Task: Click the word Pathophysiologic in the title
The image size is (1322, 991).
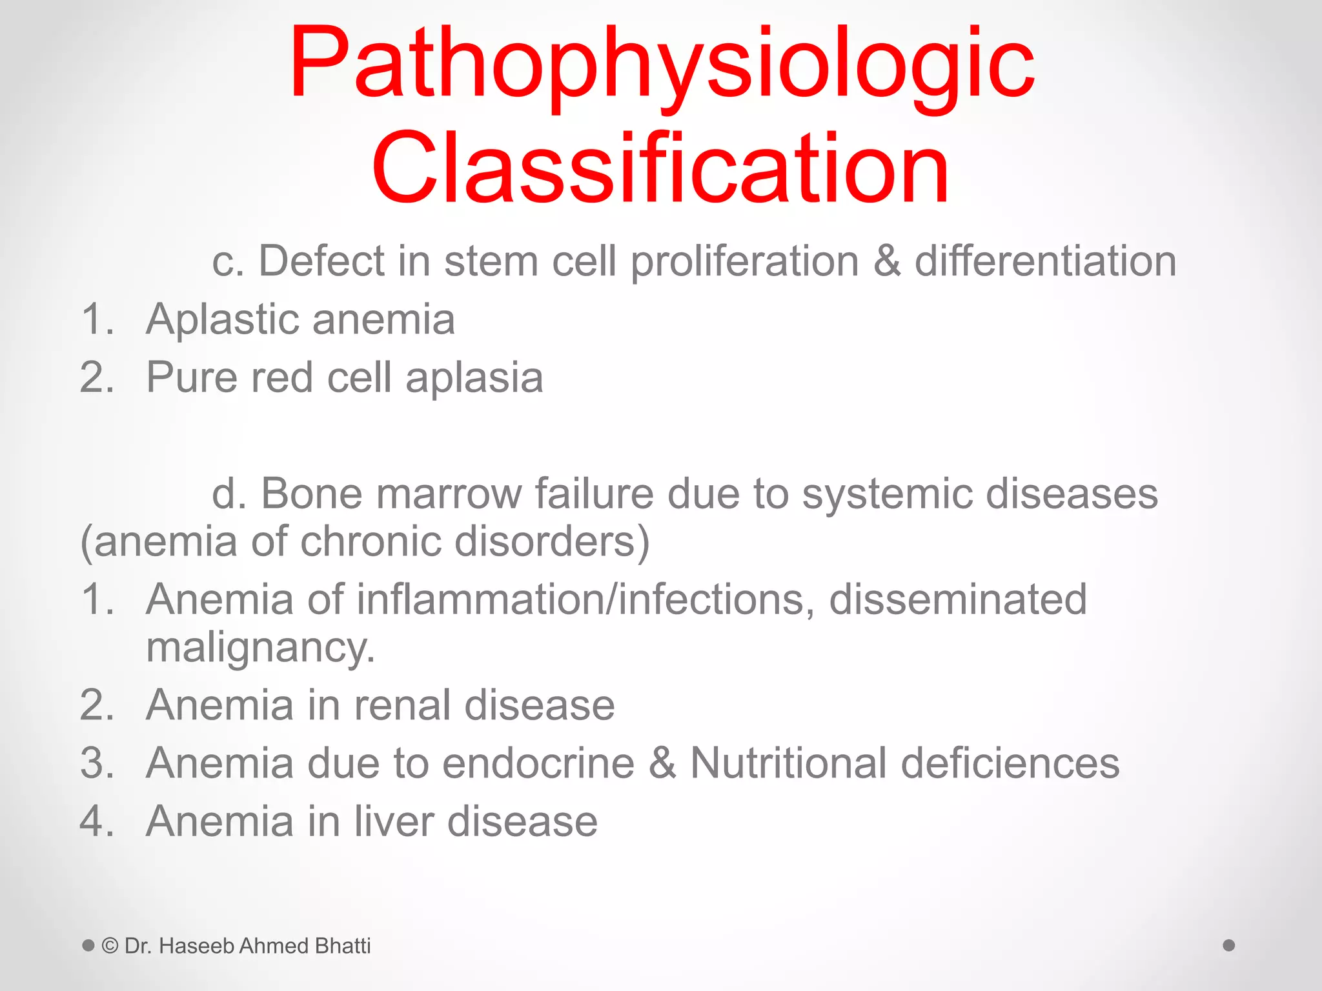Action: [662, 65]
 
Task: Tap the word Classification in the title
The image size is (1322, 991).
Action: [660, 168]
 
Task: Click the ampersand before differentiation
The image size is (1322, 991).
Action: [887, 261]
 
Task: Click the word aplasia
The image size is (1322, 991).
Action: [474, 379]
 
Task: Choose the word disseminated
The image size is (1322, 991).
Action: [958, 599]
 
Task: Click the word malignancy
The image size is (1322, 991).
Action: [260, 648]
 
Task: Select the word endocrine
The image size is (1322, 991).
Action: [538, 763]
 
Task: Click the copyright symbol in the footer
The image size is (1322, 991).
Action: [110, 946]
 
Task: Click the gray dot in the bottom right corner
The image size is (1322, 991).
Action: [1229, 945]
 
